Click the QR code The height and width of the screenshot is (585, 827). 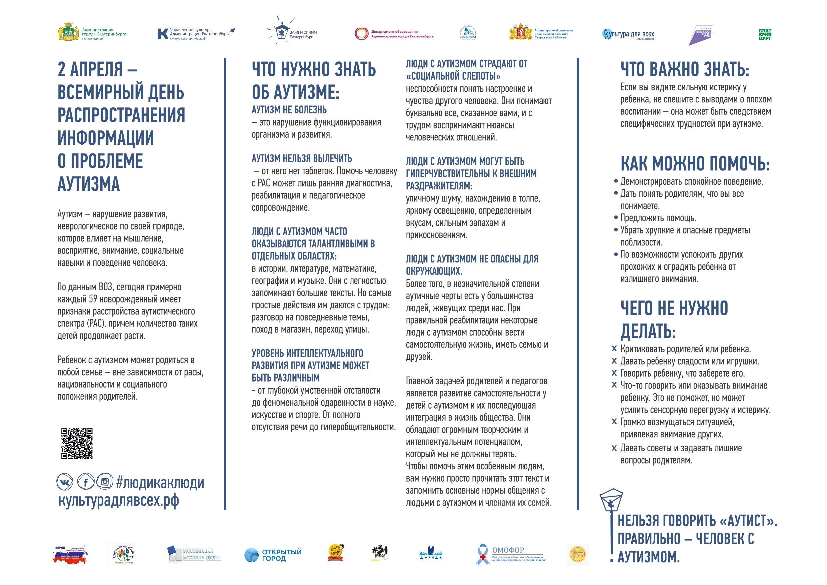(77, 443)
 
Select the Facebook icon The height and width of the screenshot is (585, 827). (86, 482)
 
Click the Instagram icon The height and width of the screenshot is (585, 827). (105, 481)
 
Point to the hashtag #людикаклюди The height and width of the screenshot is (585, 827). (160, 483)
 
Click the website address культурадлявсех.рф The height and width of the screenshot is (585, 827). (119, 501)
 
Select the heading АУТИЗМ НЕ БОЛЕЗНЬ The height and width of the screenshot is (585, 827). (289, 110)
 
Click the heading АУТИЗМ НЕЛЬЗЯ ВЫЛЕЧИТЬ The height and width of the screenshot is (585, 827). (301, 158)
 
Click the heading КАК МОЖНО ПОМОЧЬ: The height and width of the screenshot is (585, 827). (695, 164)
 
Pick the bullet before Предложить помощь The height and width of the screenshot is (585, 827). (616, 218)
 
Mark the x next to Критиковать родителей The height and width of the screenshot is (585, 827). (614, 349)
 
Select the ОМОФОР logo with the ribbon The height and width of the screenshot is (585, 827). (511, 554)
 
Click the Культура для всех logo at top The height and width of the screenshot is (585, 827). (628, 35)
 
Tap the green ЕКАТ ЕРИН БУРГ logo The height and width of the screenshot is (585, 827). (765, 35)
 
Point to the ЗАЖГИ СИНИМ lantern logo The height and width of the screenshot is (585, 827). (281, 32)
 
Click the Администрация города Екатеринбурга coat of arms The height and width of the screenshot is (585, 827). (69, 33)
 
